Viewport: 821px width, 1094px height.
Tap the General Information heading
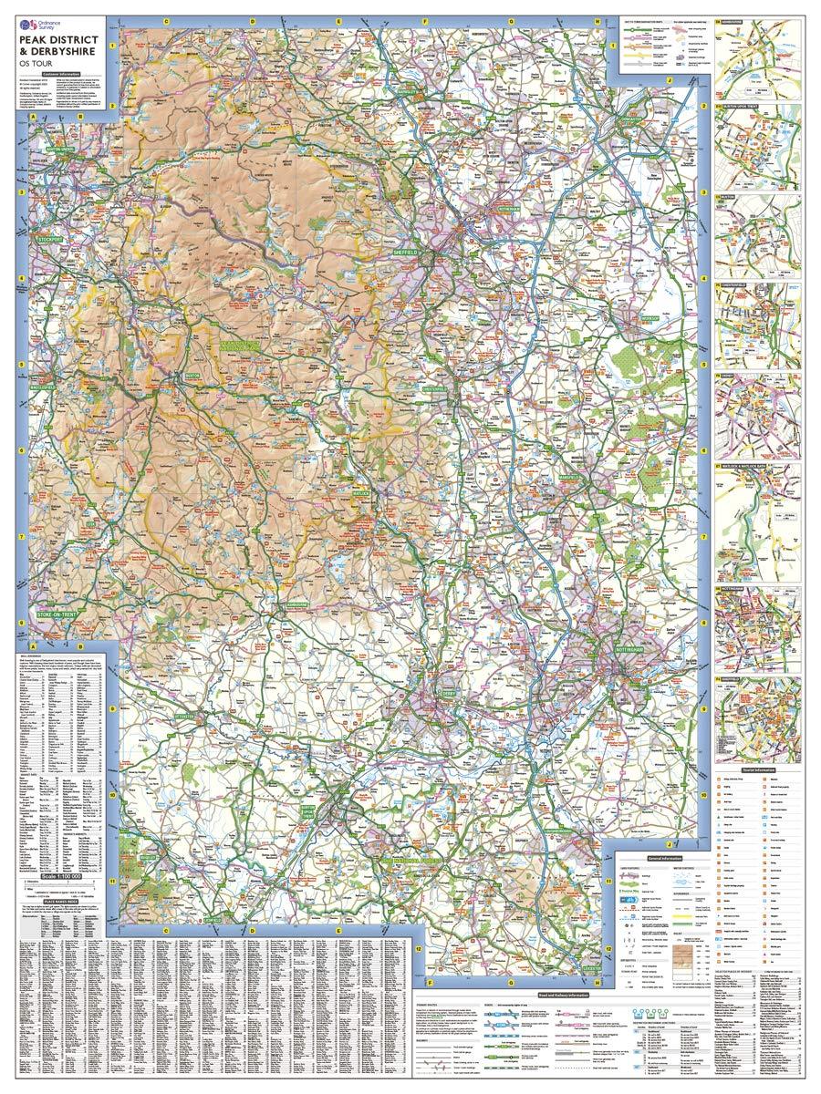click(x=665, y=859)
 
